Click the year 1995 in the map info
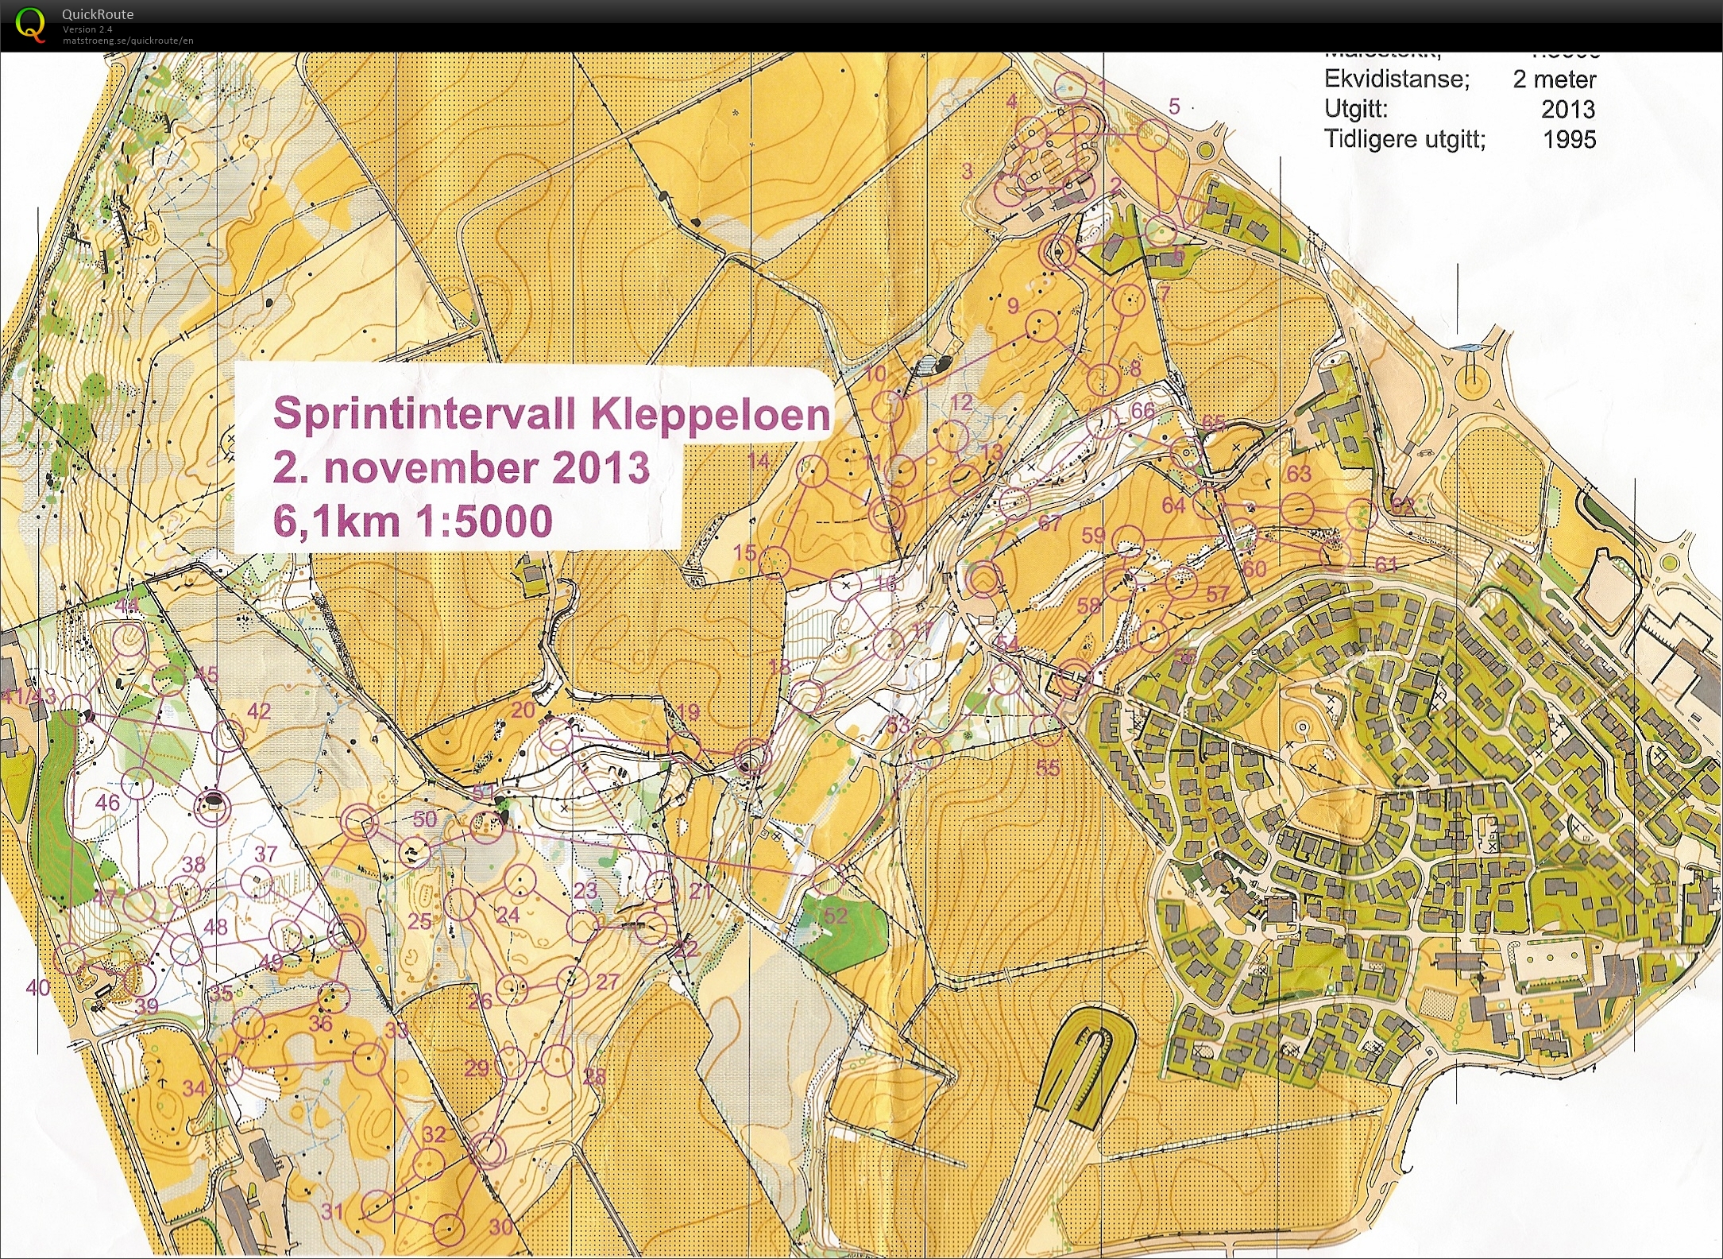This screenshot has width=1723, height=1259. (x=1568, y=139)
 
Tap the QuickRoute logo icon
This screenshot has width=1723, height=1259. (x=30, y=24)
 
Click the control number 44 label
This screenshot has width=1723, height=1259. (x=127, y=606)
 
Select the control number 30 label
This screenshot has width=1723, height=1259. (x=501, y=1226)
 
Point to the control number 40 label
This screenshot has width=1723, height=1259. (x=38, y=988)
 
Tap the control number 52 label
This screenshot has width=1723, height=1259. (x=835, y=916)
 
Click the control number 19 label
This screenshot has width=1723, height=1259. (x=688, y=711)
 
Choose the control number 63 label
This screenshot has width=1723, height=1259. (x=1298, y=474)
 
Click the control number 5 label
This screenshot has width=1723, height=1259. (x=1174, y=106)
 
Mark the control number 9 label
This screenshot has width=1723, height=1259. (x=1013, y=306)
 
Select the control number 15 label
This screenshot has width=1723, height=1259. (x=744, y=552)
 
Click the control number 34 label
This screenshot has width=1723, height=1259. (x=195, y=1088)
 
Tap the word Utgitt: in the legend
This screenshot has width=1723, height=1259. (x=1355, y=110)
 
